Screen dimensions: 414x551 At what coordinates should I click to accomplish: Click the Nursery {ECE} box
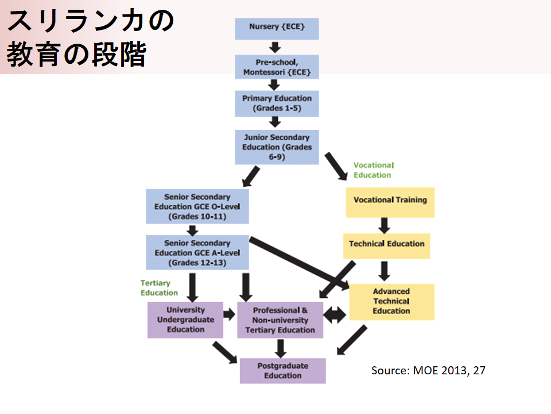coord(277,28)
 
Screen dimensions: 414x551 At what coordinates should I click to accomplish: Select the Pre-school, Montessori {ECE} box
coord(277,67)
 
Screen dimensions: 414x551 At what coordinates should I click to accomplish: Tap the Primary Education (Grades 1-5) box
coord(277,103)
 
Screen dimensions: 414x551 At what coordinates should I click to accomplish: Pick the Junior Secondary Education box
coord(277,147)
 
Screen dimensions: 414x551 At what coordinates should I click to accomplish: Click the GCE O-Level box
coord(197,206)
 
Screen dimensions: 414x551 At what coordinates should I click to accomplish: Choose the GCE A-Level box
coord(197,252)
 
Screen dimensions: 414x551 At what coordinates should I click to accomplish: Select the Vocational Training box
coord(390,201)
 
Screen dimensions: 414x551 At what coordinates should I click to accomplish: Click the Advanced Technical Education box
coord(391,301)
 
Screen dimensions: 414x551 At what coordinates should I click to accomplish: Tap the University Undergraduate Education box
coord(185,319)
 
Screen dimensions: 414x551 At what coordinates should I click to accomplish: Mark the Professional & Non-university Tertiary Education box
coord(280,320)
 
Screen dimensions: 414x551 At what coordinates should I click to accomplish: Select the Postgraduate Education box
coord(282,370)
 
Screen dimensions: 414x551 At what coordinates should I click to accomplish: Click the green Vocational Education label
coord(372,170)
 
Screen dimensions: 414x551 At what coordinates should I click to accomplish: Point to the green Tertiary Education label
coord(159,287)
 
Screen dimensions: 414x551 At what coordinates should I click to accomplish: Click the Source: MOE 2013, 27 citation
coord(428,370)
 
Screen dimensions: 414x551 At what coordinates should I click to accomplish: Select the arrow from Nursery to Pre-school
coord(275,47)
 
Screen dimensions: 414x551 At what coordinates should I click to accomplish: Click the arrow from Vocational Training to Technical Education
coord(384,224)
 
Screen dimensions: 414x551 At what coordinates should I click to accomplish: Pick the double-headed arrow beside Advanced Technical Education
coord(335,314)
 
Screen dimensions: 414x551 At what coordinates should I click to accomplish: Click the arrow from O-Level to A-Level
coord(193,229)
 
